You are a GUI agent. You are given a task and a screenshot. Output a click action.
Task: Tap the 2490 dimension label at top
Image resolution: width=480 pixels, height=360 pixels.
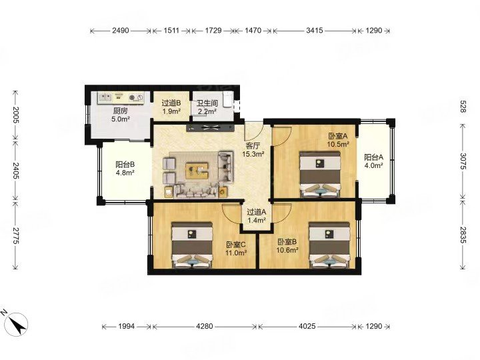coord(121,30)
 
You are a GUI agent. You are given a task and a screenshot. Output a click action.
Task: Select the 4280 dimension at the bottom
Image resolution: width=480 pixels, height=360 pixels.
coord(204,326)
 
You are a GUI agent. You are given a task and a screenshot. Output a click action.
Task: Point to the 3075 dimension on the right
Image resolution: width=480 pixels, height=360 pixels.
coord(463,161)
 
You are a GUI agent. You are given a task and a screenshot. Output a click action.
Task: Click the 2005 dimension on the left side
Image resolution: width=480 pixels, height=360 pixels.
coord(15,115)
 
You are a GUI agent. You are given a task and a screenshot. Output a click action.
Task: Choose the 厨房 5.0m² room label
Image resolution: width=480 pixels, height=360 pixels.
coord(120,115)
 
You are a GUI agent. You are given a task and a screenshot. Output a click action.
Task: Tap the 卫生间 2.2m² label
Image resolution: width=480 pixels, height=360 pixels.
coord(207,107)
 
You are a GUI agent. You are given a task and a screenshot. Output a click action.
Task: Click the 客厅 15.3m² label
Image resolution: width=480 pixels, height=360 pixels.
coord(253,150)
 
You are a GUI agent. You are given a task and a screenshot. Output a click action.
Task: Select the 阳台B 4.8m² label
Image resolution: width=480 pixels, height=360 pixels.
coord(125,169)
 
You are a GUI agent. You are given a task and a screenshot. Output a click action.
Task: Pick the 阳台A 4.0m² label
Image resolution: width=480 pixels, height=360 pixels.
coord(374,161)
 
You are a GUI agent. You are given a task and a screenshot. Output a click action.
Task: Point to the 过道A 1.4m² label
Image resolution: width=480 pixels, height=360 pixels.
coord(257,215)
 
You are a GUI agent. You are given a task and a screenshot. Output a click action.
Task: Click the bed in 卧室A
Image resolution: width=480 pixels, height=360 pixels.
coord(320,174)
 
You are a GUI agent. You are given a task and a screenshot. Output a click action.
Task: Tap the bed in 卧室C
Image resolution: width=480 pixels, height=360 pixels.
coord(192,245)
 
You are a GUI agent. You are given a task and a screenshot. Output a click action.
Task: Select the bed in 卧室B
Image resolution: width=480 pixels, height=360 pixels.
coord(329,245)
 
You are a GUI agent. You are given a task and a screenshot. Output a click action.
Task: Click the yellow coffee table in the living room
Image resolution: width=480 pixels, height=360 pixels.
coord(197,171)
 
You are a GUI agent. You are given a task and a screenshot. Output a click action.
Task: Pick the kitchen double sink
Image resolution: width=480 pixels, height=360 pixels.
coord(105,97)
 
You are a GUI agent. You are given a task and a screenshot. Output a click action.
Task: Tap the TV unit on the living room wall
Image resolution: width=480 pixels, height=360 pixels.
coord(210,128)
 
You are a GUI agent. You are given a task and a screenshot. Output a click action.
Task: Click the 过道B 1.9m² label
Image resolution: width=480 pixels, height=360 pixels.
coord(171,107)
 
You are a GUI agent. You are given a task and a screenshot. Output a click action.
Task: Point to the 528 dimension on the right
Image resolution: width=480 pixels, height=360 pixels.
coord(463,106)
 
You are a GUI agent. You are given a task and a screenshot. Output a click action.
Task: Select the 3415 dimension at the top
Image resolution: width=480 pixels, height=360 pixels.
coord(315,30)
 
